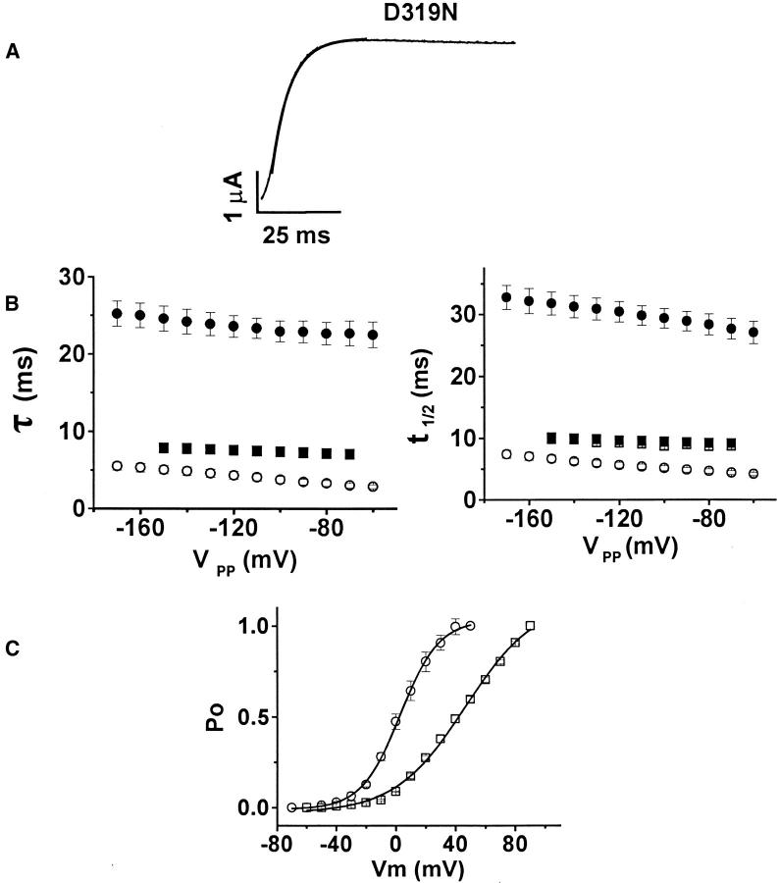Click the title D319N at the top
tap(390, 12)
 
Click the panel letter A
tap(13, 55)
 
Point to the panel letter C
tap(13, 649)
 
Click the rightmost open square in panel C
tap(530, 626)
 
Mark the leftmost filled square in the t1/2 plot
tap(551, 438)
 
